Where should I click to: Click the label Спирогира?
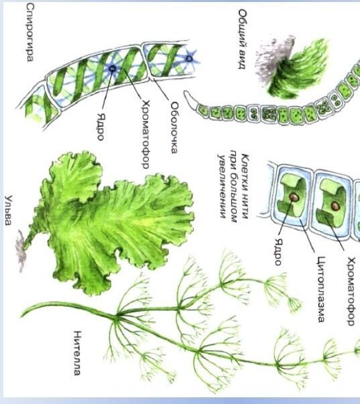click(x=30, y=32)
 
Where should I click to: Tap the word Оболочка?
click(x=174, y=128)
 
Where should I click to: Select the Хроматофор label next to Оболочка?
click(x=146, y=135)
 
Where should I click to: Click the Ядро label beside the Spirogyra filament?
click(x=101, y=127)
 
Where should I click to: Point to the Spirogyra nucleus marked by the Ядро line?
click(x=112, y=68)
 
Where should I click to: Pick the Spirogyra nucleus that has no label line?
click(x=189, y=59)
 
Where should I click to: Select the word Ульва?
click(x=8, y=210)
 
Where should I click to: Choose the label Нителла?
click(x=77, y=353)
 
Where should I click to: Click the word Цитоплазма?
click(x=320, y=289)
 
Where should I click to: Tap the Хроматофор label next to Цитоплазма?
click(x=351, y=291)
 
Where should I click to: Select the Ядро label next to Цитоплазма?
click(x=278, y=252)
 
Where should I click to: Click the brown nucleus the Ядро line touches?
click(x=294, y=197)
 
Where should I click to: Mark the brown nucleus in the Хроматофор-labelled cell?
click(x=335, y=206)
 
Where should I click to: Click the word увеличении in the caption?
click(x=223, y=186)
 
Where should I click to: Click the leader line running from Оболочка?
click(x=162, y=89)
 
